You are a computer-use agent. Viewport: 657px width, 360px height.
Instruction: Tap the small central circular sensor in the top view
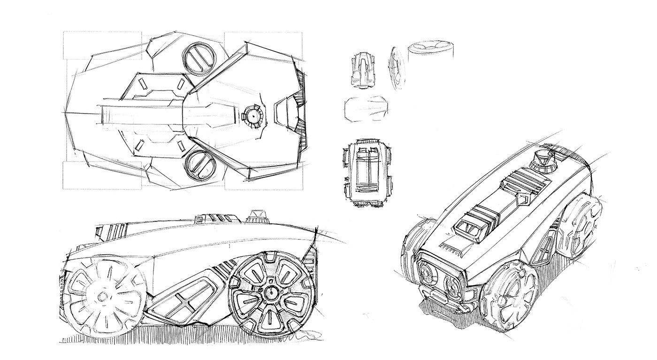(x=253, y=115)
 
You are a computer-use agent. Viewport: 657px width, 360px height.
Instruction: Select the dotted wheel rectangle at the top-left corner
(x=102, y=46)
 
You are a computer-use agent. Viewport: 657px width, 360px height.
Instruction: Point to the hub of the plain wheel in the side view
(x=101, y=297)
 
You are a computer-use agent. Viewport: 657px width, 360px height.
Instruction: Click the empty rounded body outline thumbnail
(x=367, y=108)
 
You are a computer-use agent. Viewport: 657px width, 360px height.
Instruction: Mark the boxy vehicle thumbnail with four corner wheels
(x=367, y=172)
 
